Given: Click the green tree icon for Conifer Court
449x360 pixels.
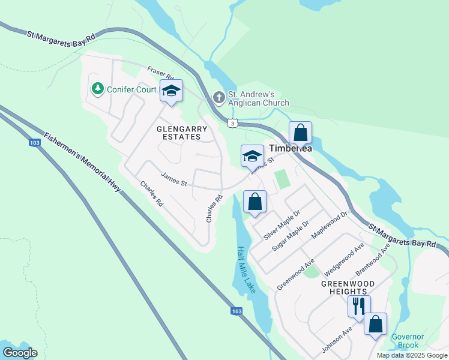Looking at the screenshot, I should coord(97,89).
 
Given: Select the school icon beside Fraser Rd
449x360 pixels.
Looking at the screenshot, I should coord(171,92).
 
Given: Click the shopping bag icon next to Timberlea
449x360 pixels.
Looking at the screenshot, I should coord(301,132).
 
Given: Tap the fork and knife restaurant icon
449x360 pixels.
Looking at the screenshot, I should coord(359,306).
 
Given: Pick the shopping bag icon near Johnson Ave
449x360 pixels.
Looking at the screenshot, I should coord(375,324).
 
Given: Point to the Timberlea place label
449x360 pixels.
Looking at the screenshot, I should coord(291,148).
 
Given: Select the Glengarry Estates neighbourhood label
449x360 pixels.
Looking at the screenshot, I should coord(182,133).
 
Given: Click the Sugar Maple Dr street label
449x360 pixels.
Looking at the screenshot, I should coord(290,235).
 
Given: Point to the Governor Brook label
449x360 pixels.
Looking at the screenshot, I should coord(408,341).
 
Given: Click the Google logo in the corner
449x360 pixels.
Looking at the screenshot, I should coord(20,353).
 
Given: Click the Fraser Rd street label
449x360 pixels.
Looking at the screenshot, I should coord(160,73).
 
